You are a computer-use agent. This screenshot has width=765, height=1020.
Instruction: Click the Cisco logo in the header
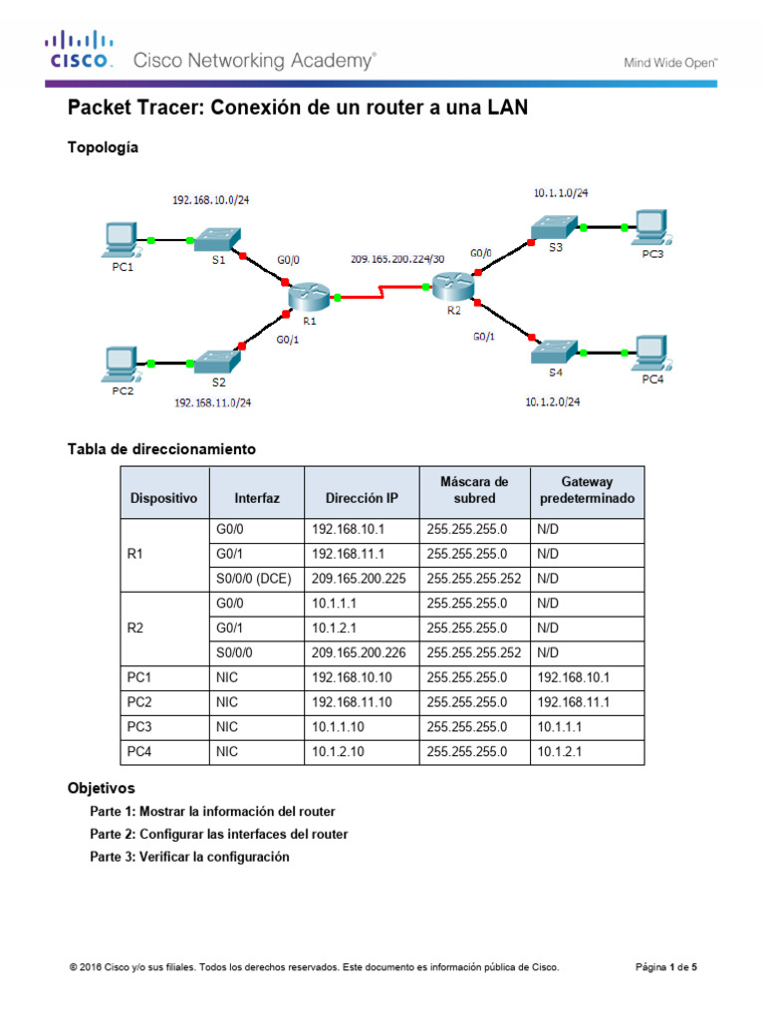[x=78, y=49]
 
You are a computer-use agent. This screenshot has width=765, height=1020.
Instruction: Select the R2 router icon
[x=453, y=287]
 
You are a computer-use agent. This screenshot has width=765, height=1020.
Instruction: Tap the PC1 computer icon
[x=122, y=239]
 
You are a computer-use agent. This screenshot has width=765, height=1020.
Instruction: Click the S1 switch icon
[x=216, y=239]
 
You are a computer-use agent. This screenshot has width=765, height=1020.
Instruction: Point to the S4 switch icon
[x=554, y=351]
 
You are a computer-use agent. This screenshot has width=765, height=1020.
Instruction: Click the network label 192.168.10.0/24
[x=210, y=200]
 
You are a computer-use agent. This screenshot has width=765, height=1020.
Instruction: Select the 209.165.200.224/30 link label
[x=397, y=259]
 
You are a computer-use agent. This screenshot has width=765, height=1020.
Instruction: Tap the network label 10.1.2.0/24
[x=552, y=402]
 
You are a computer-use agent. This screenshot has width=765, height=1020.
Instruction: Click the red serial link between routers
[x=382, y=294]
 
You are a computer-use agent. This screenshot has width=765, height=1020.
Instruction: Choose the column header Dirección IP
[x=361, y=497]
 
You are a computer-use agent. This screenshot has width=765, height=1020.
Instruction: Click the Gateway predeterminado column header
[x=587, y=489]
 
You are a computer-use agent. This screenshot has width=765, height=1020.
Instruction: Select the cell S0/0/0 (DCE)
[x=253, y=577]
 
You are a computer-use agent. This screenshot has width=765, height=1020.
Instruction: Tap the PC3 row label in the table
[x=138, y=727]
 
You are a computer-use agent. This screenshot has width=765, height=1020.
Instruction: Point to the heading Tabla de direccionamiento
[x=161, y=449]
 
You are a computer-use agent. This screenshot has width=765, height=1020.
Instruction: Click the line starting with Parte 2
[x=219, y=834]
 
